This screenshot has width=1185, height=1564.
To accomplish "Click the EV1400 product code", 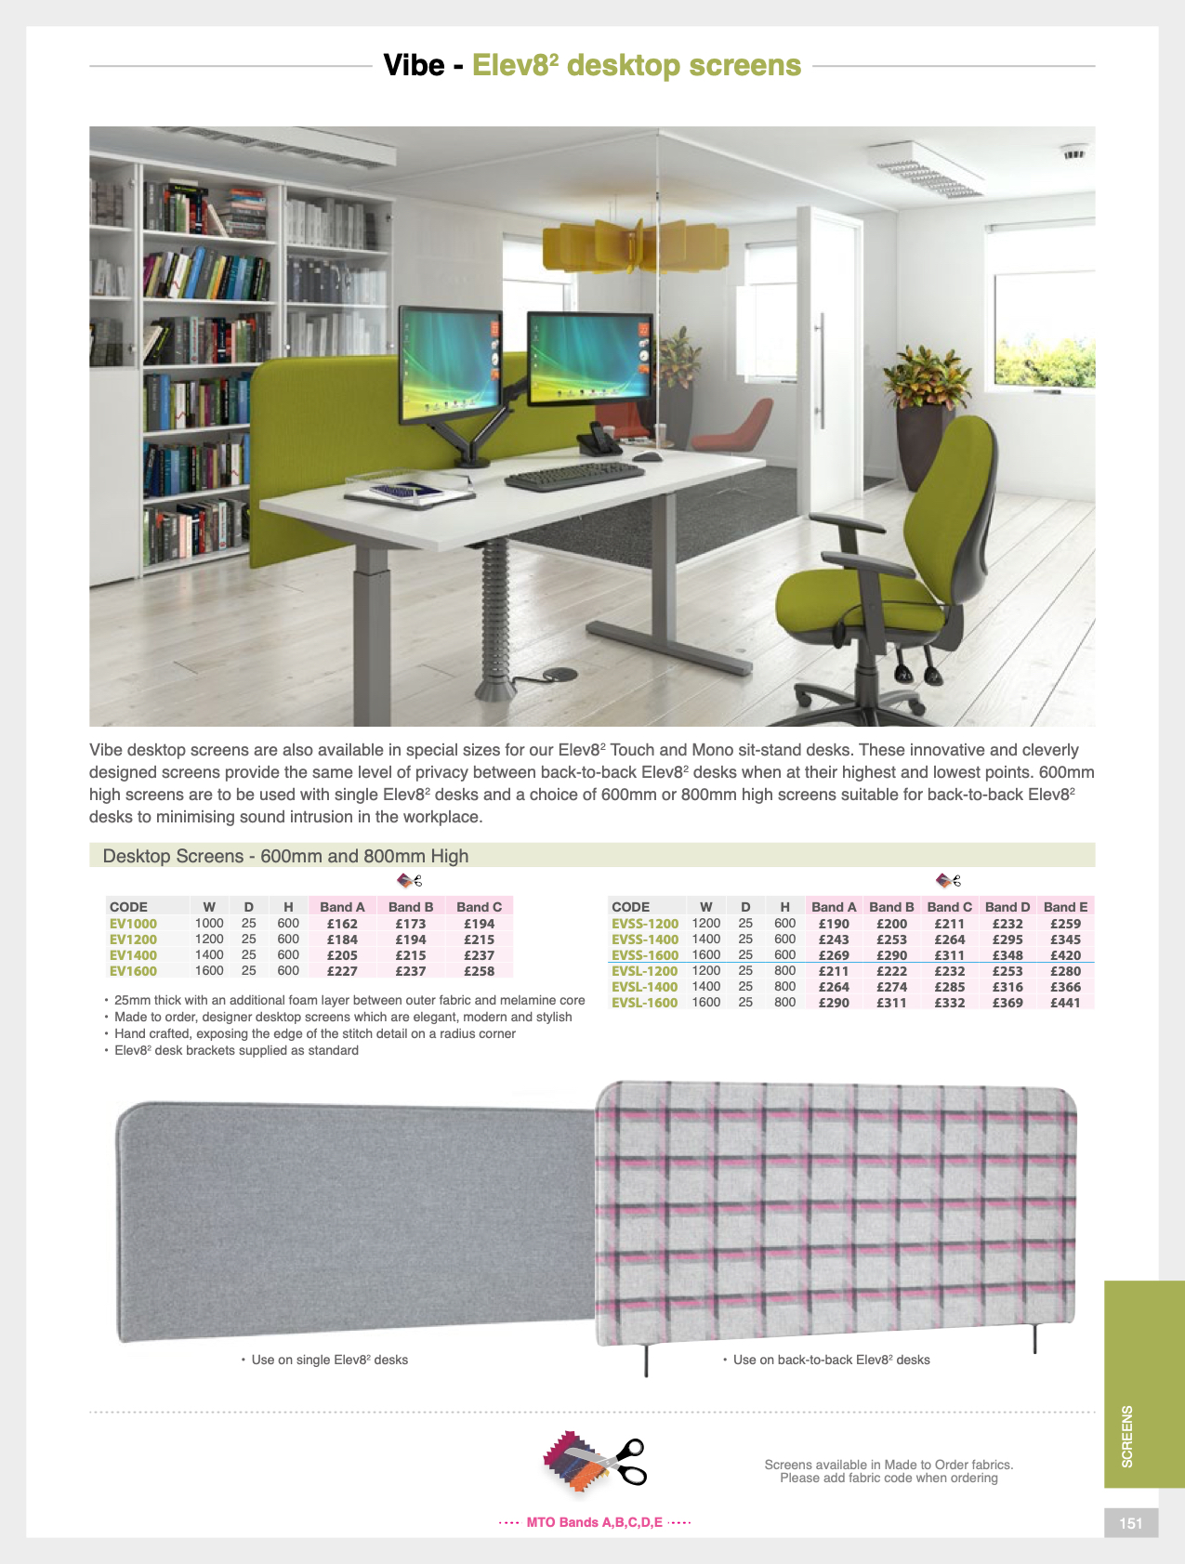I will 133,955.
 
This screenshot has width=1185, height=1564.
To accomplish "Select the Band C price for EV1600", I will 479,971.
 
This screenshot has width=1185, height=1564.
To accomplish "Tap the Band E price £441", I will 1065,1003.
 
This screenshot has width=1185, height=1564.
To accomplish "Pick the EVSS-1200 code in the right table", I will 645,924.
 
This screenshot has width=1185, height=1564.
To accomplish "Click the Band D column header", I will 1007,907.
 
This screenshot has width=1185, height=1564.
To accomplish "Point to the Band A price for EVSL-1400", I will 834,987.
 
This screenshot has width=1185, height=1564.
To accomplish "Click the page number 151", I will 1131,1523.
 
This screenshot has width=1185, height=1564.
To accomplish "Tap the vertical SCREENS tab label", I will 1127,1436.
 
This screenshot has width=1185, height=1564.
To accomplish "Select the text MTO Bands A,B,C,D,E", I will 595,1522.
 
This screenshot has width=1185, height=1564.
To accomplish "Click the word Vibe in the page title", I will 414,65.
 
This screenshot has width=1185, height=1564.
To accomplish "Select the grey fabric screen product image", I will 353,1217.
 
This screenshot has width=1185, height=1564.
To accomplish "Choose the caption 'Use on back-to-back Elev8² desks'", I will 831,1360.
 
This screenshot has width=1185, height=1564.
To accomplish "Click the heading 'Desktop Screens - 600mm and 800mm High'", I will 285,856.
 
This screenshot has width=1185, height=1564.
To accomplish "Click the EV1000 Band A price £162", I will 342,924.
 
